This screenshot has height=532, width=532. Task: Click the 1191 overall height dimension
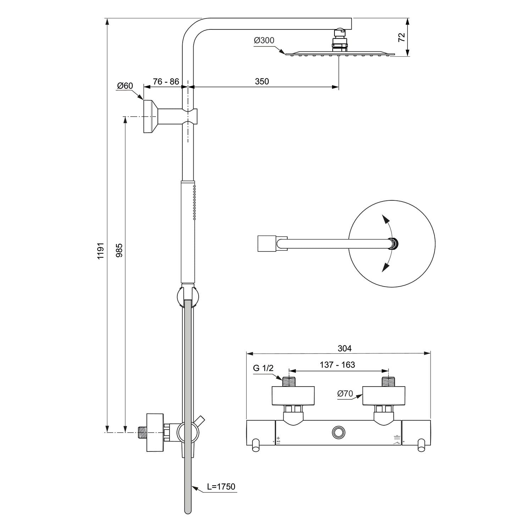coord(101,251)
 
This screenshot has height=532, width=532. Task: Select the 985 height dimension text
coord(119,250)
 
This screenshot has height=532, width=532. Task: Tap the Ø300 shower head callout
coord(264,40)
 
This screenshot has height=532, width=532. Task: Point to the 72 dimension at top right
coord(401,37)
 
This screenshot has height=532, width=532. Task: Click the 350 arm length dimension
coord(262,81)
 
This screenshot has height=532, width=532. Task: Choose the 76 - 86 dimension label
coord(166,82)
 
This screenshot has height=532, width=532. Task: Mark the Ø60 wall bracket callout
coord(125,86)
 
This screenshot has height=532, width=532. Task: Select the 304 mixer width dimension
coord(344,348)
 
